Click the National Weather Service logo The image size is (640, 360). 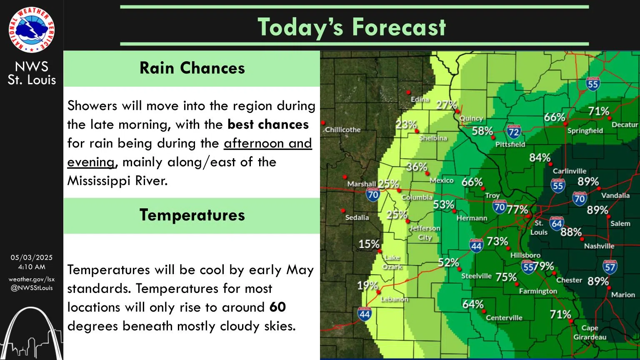32,30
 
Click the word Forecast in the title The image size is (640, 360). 399,27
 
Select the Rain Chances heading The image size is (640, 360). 192,68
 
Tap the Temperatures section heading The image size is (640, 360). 192,215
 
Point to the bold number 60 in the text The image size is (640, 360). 277,307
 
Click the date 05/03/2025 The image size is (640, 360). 32,257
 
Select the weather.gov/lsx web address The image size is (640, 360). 32,279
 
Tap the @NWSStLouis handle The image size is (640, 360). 32,287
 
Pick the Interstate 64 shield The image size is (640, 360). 557,224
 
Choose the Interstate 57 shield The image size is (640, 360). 610,267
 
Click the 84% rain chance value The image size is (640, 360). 540,157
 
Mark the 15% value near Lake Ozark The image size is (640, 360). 369,244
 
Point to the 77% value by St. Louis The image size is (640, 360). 517,209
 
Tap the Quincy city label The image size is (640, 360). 471,118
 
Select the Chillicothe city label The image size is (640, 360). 342,130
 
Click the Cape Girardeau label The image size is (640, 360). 590,332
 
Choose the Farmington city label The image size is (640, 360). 537,291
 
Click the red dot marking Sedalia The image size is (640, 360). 343,211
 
